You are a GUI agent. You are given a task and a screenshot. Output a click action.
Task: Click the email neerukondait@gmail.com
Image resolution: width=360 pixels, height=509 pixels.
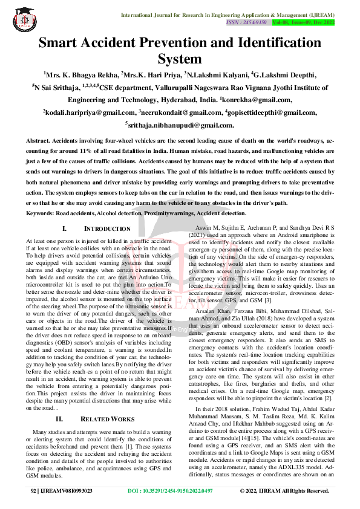[180, 112]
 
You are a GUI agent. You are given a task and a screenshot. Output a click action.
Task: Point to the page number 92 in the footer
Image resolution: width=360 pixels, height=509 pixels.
[34, 491]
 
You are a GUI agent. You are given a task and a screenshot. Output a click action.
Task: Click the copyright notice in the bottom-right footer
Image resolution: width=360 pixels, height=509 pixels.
[284, 491]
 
